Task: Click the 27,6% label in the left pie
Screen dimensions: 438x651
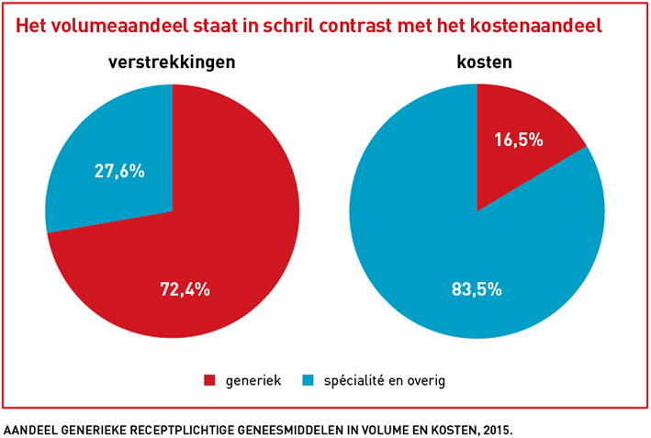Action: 119,171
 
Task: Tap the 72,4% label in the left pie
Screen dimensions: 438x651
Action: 185,289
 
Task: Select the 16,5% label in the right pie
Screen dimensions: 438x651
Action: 518,140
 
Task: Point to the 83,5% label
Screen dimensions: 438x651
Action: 477,289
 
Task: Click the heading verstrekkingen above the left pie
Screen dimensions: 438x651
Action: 172,63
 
